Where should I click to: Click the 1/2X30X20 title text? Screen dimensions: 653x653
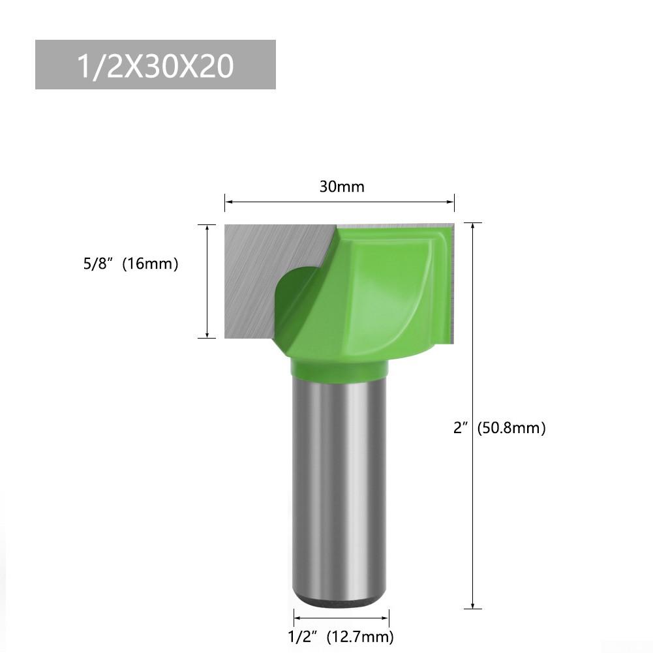click(155, 65)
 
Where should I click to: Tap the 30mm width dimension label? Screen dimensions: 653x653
click(342, 187)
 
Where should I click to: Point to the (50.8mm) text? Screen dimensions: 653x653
click(511, 428)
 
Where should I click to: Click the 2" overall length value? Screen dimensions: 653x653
click(462, 428)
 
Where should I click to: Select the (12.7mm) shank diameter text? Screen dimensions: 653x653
click(363, 636)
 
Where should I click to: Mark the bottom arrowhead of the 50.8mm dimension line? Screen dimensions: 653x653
click(472, 605)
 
